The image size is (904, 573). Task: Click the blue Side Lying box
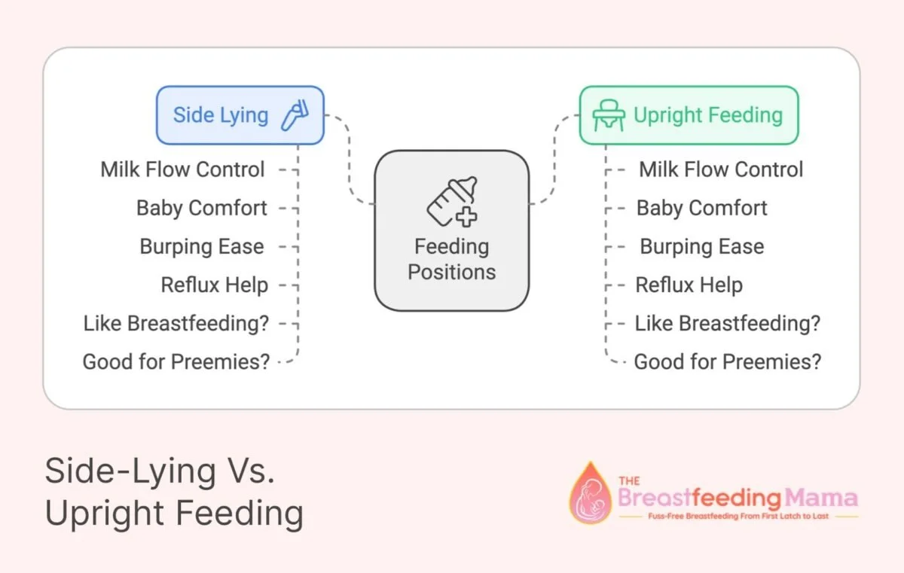pos(240,115)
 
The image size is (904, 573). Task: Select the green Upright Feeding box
pos(688,115)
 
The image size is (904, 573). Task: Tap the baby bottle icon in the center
pos(452,202)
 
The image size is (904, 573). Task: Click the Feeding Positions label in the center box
pos(452,259)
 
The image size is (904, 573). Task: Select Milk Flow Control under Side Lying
pos(183,169)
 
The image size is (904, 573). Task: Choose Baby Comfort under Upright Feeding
pos(701,208)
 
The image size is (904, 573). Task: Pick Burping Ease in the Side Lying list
pos(202,246)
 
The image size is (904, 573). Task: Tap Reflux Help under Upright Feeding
pos(689,285)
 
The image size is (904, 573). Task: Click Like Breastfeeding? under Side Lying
pos(176,323)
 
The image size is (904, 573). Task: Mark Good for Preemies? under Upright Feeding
pos(727,361)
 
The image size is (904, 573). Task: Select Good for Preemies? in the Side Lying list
pos(176,361)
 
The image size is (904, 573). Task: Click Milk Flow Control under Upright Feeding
pos(721,169)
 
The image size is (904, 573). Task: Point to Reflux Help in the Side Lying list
pos(215,285)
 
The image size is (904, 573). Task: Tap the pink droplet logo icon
pos(590,493)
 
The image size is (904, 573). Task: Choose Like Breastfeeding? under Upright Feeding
pos(727,323)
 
